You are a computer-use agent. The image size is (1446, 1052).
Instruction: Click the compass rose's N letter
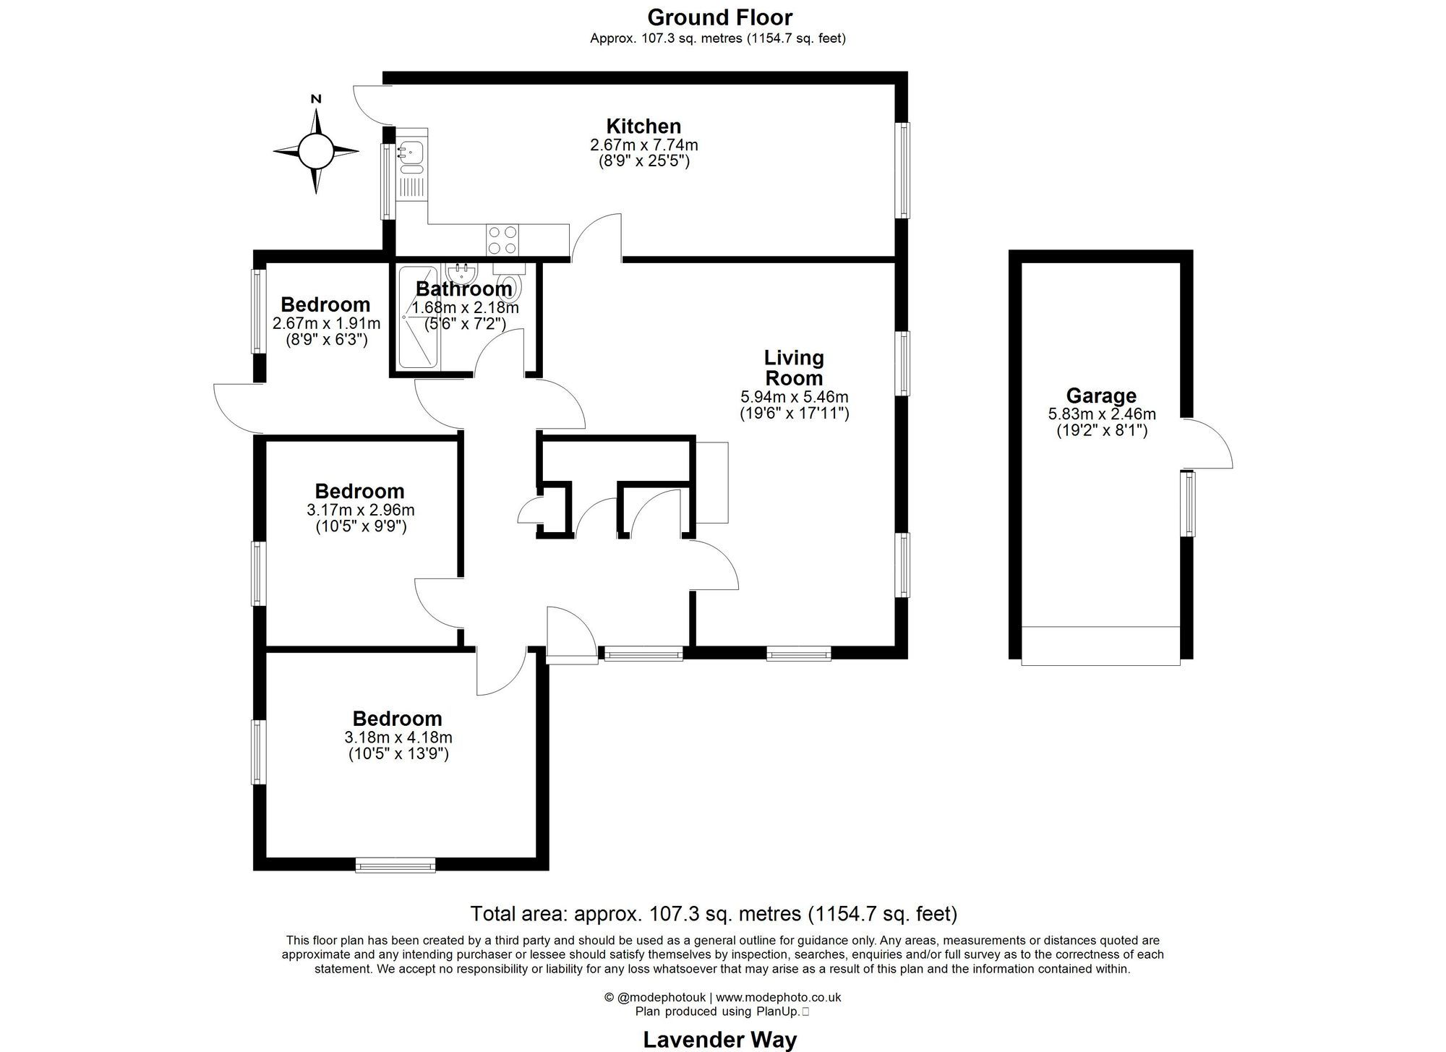[315, 99]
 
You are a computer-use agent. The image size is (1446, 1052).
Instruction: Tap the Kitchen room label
[643, 126]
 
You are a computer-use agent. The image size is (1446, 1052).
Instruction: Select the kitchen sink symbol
[411, 152]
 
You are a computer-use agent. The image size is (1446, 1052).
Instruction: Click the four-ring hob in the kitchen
[502, 240]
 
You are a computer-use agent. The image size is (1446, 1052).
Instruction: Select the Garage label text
[1101, 395]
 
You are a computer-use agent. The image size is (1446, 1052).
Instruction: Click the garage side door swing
[1206, 442]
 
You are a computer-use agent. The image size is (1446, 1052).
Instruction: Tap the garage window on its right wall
[1188, 504]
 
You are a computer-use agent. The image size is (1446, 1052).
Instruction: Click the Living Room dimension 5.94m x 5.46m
[794, 397]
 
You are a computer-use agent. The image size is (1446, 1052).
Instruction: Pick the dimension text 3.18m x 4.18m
[398, 737]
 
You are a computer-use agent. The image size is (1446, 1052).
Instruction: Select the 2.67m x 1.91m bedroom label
[326, 323]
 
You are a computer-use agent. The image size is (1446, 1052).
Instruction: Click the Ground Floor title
[719, 17]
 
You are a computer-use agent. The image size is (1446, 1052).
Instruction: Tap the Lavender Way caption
[719, 1040]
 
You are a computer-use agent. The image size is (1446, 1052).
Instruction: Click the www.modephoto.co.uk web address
[778, 997]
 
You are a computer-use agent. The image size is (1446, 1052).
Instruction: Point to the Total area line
[714, 914]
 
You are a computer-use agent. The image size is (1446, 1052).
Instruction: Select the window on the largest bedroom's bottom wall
[395, 864]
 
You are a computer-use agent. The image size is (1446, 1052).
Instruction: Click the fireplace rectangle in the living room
[712, 482]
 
